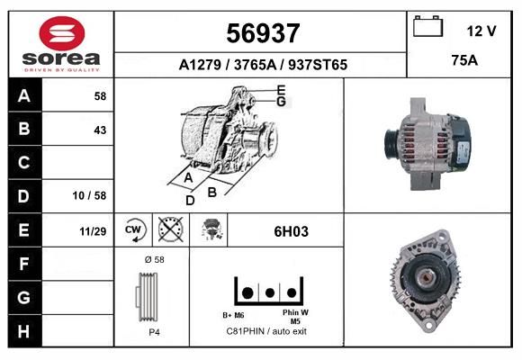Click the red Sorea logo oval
[62, 33]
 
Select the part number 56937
[263, 33]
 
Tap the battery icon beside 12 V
[427, 26]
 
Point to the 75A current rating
[464, 60]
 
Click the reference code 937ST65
[318, 65]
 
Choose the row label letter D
[23, 196]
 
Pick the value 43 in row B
[100, 130]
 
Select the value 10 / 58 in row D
[89, 195]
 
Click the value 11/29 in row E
[93, 231]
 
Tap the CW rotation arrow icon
[134, 230]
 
